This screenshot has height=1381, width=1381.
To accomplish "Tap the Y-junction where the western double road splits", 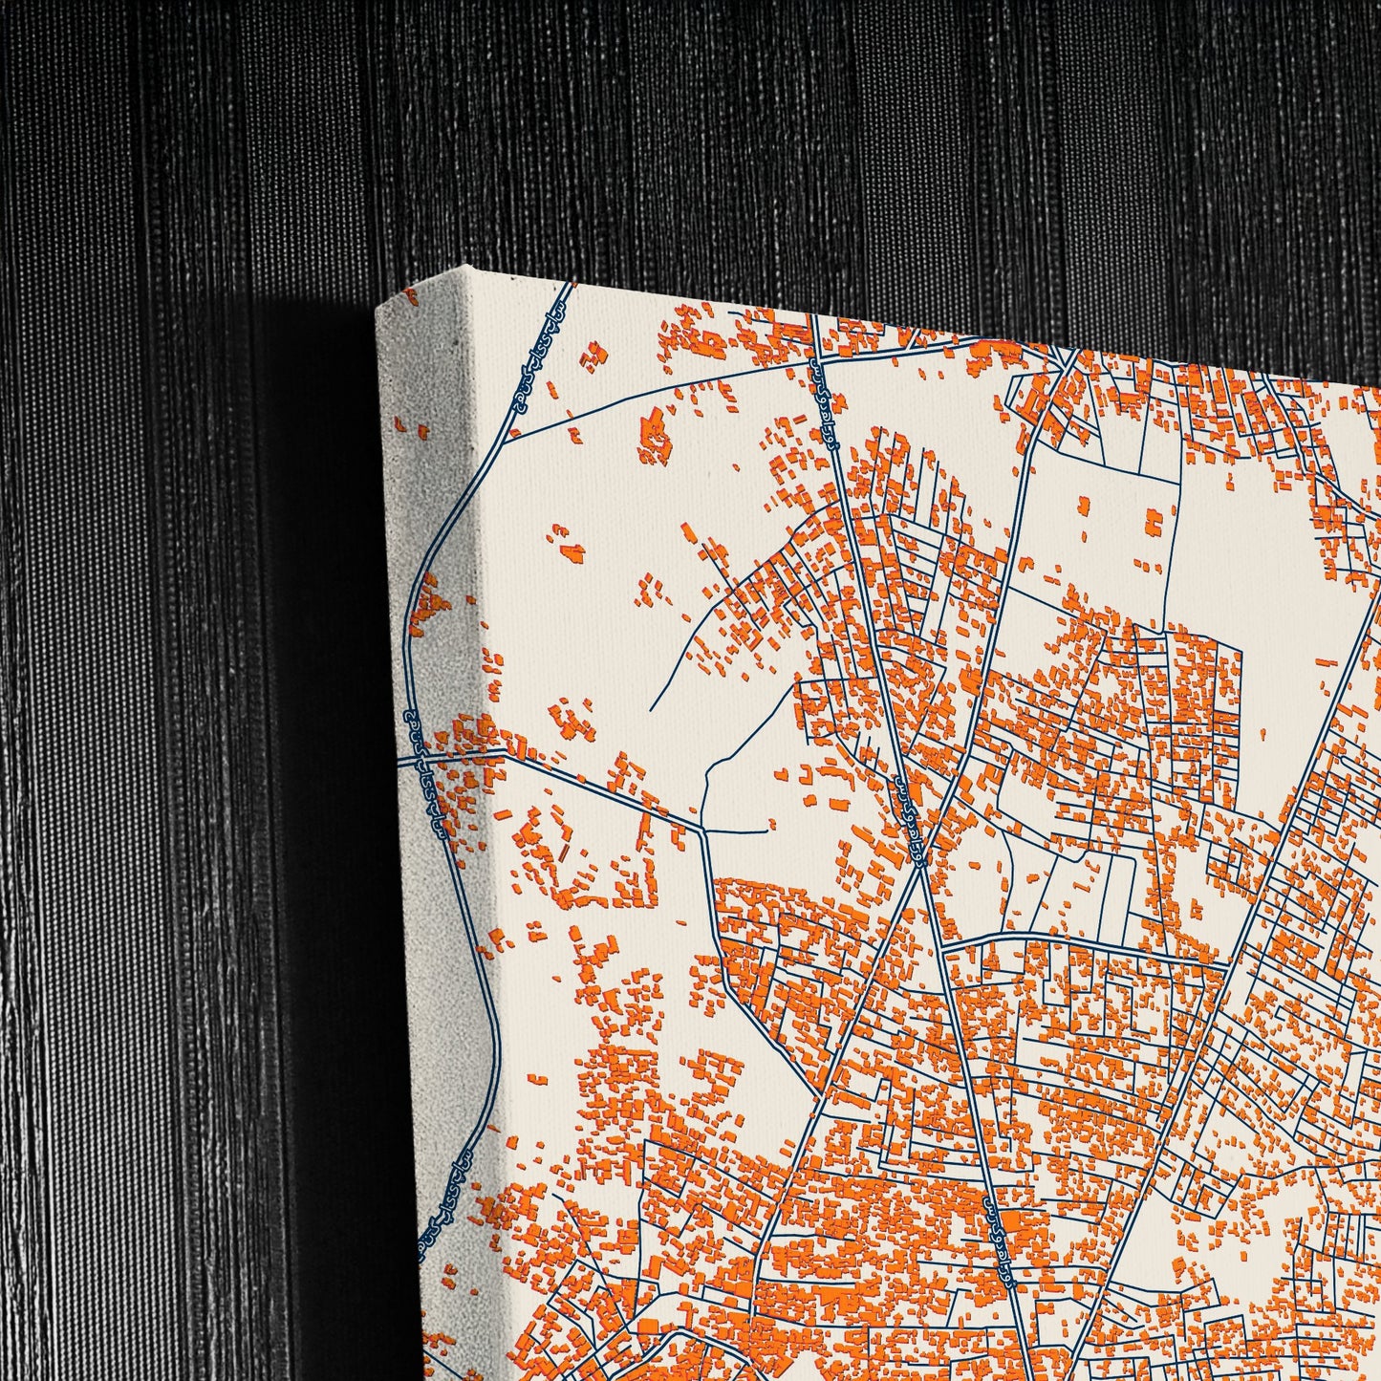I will point(701,829).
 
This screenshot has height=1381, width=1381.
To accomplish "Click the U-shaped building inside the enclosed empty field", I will point(1154,521).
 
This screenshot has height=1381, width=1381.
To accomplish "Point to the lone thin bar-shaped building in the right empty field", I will point(1327,661).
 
